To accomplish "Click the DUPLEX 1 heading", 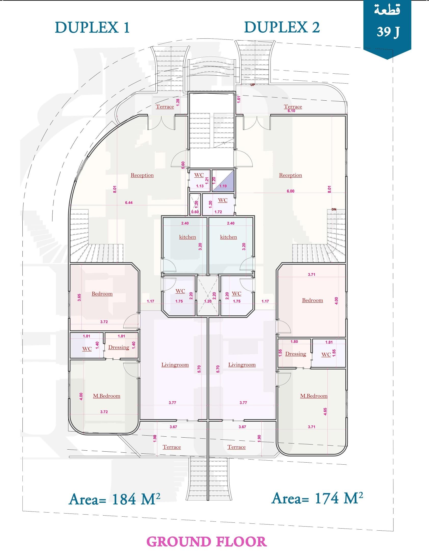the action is point(92,28).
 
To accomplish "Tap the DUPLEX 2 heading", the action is point(282,28).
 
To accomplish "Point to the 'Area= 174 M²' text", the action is point(317,498).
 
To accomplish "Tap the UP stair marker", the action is point(252,85).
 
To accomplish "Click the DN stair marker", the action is point(334,209).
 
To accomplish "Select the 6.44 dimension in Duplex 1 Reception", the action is point(129,203).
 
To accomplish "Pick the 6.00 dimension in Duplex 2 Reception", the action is point(290,191).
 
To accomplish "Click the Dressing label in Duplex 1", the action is point(119,347).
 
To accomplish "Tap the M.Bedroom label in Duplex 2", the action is point(314,396).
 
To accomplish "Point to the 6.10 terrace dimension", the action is point(291,111).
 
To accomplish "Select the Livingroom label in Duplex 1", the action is point(175,365).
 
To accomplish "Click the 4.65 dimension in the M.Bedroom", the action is point(325,412).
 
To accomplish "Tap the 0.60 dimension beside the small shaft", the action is point(195,212).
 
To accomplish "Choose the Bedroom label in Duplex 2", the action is point(313,300).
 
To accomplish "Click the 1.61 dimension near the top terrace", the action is point(239,99).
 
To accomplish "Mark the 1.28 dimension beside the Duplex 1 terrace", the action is point(178,102).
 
